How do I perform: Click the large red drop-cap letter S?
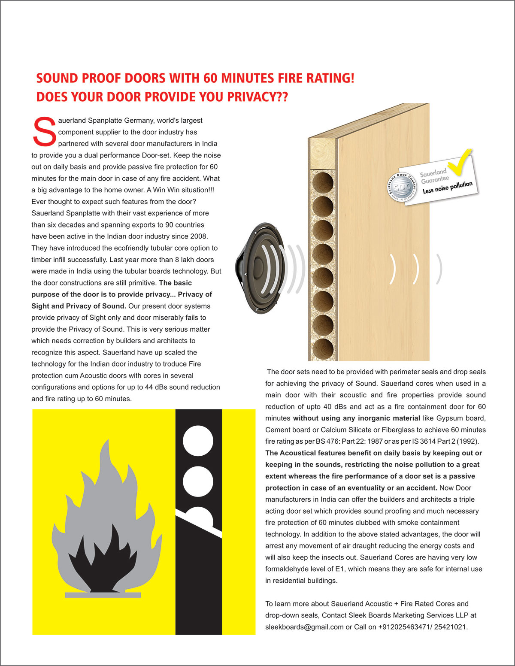tap(44, 130)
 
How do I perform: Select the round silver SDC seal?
tap(402, 188)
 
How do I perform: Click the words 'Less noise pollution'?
tap(447, 187)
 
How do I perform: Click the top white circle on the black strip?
tap(198, 441)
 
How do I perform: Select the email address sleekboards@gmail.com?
tap(304, 627)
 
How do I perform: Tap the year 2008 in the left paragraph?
tap(199, 236)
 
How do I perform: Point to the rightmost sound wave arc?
tap(439, 269)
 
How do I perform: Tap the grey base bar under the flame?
tap(103, 595)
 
